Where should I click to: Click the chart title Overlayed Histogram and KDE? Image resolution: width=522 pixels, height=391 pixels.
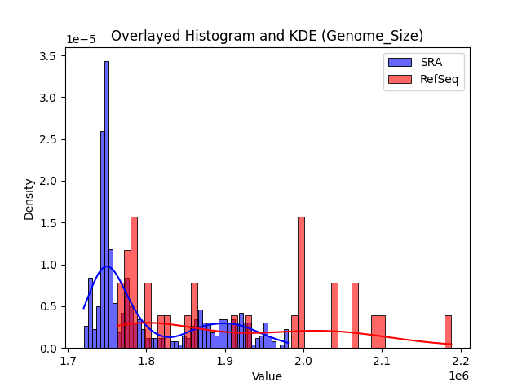coord(267,36)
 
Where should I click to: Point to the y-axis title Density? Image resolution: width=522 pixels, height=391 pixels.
coord(29,200)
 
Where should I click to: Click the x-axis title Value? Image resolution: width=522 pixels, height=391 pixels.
coord(267,376)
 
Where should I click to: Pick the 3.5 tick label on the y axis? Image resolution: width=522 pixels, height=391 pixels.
coord(49,56)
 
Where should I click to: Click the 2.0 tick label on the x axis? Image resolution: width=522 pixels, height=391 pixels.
coord(303,360)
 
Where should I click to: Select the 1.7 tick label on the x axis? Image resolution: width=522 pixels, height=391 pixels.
coord(68,360)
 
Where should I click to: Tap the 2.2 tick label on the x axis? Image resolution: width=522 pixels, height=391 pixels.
coord(461,360)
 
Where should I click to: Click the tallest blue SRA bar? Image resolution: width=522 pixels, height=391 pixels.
coord(106,204)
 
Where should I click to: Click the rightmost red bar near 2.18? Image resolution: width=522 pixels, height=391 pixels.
coord(448,332)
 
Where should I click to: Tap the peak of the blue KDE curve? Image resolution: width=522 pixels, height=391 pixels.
coord(107,266)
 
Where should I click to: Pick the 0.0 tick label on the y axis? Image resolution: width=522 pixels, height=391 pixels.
coord(49,349)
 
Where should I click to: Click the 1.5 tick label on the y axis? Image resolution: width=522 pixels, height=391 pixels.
coord(49,223)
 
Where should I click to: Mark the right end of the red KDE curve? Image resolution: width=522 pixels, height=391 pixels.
coord(451,345)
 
